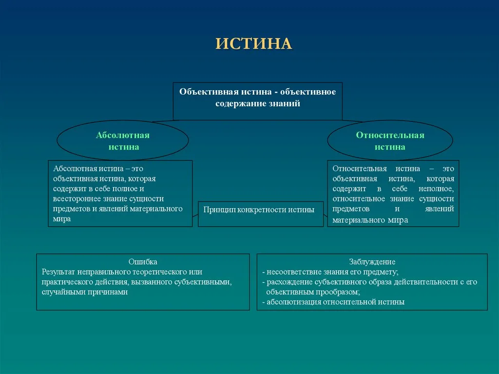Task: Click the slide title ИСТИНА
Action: (254, 43)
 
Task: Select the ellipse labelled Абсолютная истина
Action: (123, 140)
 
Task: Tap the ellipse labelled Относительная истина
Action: (390, 140)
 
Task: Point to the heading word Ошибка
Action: (143, 262)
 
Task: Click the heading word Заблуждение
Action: (372, 262)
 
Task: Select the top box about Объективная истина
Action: (257, 101)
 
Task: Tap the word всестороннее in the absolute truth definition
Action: (76, 198)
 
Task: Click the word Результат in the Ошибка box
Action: (59, 272)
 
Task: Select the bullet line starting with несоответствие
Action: (331, 272)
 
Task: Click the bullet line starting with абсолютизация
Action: (334, 302)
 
